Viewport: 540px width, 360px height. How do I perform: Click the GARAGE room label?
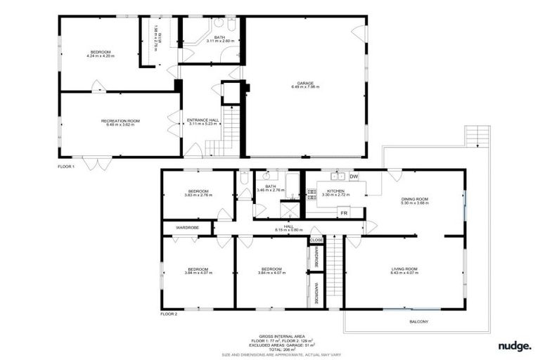[x=305, y=83]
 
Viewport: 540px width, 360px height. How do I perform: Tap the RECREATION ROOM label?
[x=120, y=122]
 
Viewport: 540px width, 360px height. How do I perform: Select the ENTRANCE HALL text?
[x=202, y=120]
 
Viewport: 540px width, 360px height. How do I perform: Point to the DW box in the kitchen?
[x=354, y=176]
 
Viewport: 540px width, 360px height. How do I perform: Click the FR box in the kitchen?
[x=345, y=212]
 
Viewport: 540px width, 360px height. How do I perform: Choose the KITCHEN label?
[x=335, y=191]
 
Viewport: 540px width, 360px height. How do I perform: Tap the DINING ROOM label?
[x=415, y=200]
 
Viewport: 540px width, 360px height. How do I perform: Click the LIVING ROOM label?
[x=404, y=269]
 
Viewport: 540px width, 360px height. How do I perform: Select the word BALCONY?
[x=418, y=322]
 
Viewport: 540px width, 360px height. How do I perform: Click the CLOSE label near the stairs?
[x=316, y=240]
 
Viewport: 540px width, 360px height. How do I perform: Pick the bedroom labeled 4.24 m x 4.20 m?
[x=101, y=53]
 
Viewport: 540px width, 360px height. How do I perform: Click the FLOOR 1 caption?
[x=67, y=167]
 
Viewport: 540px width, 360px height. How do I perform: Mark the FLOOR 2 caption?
[x=169, y=314]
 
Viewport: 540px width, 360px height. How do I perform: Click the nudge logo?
[x=515, y=345]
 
